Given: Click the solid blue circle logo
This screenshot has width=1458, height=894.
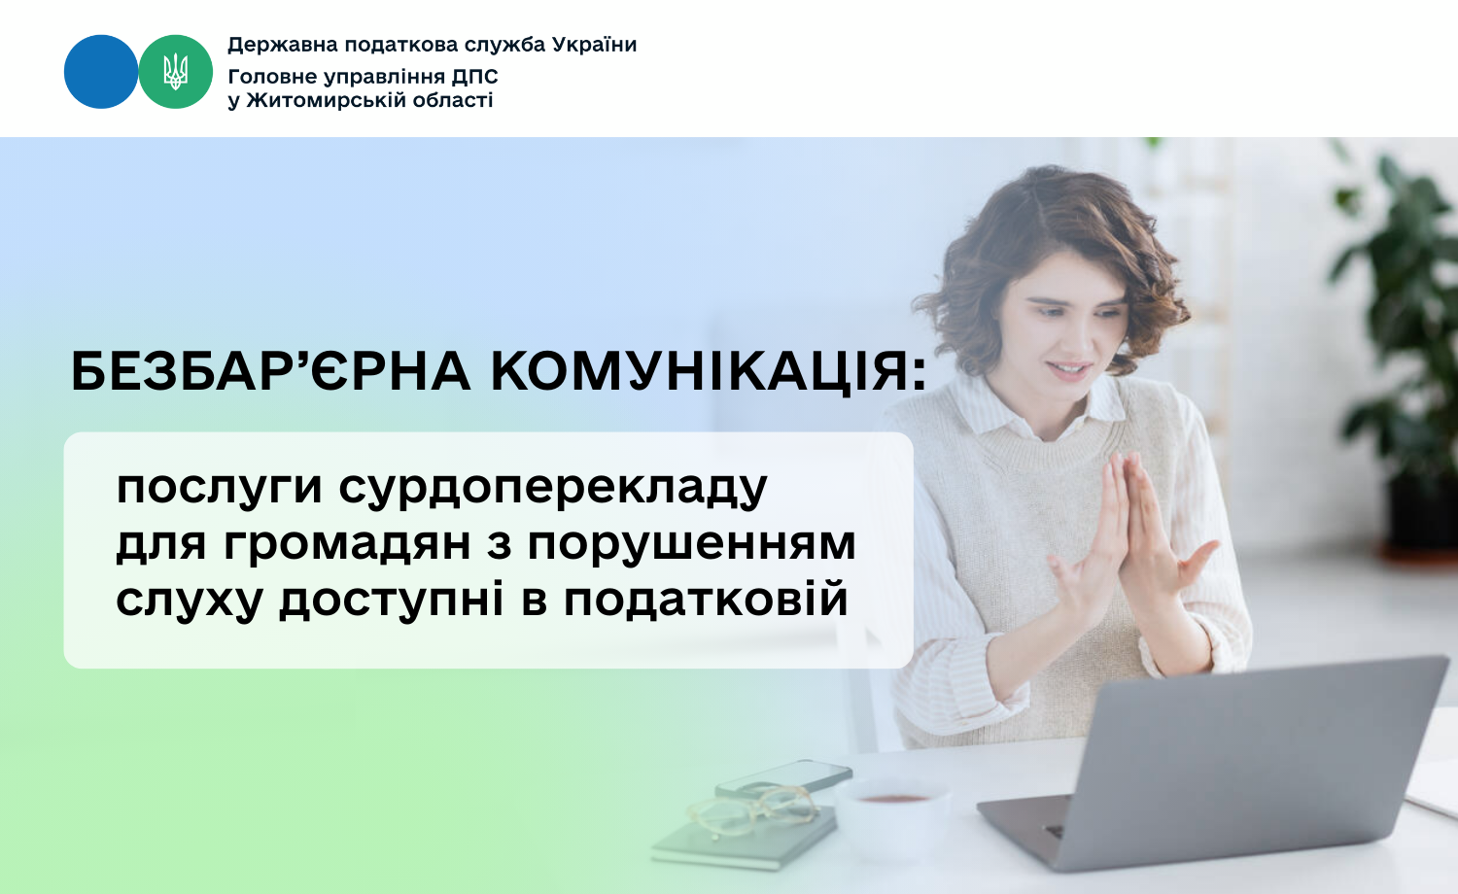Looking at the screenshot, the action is coord(101,72).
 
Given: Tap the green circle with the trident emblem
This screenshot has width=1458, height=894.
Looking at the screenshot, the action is coord(176,72).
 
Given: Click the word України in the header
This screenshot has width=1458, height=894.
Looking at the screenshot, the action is coord(594,45).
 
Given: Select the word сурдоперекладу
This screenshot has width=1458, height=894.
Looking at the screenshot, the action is coord(553,488).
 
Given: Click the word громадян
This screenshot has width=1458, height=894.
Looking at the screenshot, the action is coord(347,544).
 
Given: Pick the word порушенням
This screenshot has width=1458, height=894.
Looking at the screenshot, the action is coord(692,545).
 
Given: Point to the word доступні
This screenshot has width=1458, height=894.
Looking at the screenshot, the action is coord(392,600).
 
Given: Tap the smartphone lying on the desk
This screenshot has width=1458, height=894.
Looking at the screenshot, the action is coord(784,778).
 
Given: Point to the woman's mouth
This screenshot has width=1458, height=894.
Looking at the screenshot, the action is coord(1070,369).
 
